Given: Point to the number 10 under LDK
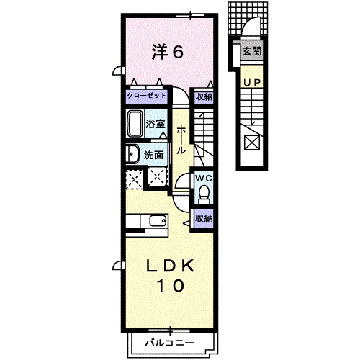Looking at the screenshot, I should pyautogui.click(x=171, y=285).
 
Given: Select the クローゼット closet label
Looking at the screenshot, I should pyautogui.click(x=147, y=96).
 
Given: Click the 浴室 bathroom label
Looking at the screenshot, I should pyautogui.click(x=156, y=123).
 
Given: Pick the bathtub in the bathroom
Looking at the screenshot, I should pyautogui.click(x=135, y=123).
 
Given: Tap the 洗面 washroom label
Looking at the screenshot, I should pyautogui.click(x=152, y=154).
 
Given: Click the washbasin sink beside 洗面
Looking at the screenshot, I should pyautogui.click(x=132, y=154).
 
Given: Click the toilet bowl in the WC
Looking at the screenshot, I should pyautogui.click(x=203, y=192).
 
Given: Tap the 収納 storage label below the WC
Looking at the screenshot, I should pyautogui.click(x=203, y=217).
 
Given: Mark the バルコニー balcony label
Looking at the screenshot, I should pyautogui.click(x=167, y=341).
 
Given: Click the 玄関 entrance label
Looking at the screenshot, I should pyautogui.click(x=251, y=51).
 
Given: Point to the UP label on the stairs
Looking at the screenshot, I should pyautogui.click(x=251, y=83).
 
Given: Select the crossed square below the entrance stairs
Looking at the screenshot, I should pyautogui.click(x=251, y=142).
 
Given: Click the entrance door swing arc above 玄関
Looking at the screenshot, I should pyautogui.click(x=249, y=29).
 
